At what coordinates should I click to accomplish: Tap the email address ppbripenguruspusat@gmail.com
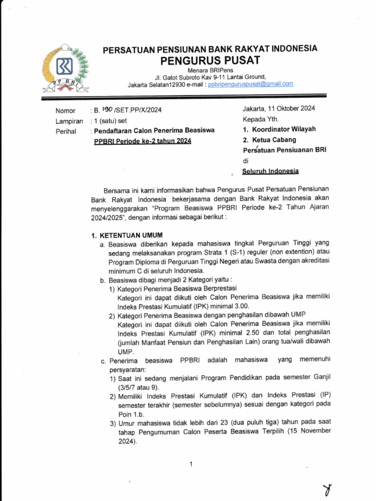pos(251,84)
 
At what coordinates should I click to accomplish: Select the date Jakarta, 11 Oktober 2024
pos(279,109)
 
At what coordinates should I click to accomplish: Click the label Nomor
pos(66,111)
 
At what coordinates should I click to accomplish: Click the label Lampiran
pos(69,121)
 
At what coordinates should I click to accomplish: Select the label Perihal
pos(66,131)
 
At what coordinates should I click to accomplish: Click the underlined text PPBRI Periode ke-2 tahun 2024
pos(142,141)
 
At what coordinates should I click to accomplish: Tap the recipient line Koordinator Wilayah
pos(283,130)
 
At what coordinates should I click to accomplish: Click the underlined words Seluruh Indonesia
pos(271,171)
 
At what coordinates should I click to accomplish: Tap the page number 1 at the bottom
pos(191,464)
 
